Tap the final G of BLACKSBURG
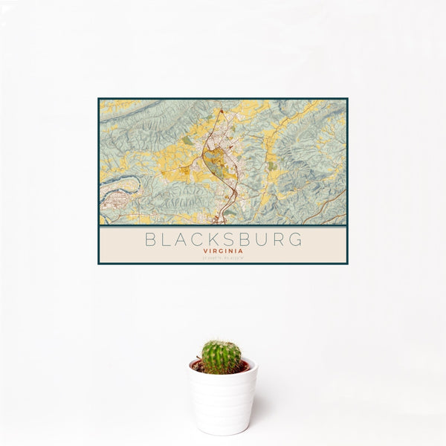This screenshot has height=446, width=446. pyautogui.click(x=296, y=240)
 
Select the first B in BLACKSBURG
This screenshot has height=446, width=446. pyautogui.click(x=151, y=240)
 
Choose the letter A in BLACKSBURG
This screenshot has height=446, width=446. pyautogui.click(x=181, y=240)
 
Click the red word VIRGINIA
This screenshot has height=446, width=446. pyautogui.click(x=223, y=251)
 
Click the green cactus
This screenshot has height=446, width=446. pyautogui.click(x=222, y=357)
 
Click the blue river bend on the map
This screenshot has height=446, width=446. pyautogui.click(x=122, y=181)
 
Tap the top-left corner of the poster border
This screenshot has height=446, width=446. pyautogui.click(x=99, y=100)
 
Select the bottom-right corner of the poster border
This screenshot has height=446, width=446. pyautogui.click(x=346, y=263)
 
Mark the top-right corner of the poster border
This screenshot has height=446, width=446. pyautogui.click(x=346, y=100)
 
